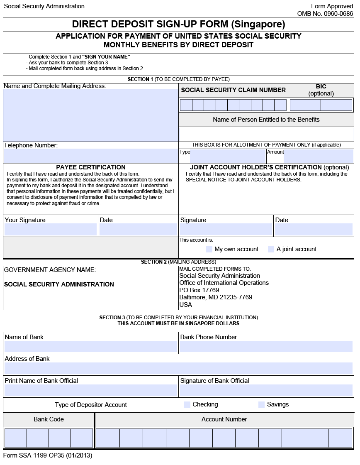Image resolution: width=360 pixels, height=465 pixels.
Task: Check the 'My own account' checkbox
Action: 209,249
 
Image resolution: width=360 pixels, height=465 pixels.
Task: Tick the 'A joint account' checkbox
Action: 271,249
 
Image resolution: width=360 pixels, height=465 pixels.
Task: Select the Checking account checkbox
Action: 187,404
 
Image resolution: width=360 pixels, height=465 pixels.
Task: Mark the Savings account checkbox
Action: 261,404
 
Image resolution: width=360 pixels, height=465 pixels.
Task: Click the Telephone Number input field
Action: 90,156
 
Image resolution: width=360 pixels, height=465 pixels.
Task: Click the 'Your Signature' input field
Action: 51,230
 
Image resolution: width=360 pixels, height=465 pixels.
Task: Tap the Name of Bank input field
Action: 90,347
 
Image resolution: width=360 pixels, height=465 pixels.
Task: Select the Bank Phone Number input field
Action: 266,347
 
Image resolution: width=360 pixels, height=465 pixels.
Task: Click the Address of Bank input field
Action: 178,368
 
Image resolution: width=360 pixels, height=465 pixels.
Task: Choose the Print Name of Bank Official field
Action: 90,390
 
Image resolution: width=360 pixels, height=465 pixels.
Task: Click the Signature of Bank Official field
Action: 266,390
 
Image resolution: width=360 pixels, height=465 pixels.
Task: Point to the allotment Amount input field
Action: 318,157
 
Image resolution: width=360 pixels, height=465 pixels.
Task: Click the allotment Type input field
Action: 228,157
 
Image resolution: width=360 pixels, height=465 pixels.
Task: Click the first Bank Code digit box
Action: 16,438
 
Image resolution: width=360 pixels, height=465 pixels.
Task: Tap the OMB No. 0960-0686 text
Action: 325,14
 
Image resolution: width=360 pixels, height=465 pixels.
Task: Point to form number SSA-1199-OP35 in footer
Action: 48,455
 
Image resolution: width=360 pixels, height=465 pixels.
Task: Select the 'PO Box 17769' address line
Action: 199,290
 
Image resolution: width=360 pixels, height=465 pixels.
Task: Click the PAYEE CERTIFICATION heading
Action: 91,167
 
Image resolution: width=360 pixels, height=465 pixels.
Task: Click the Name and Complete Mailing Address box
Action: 90,115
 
